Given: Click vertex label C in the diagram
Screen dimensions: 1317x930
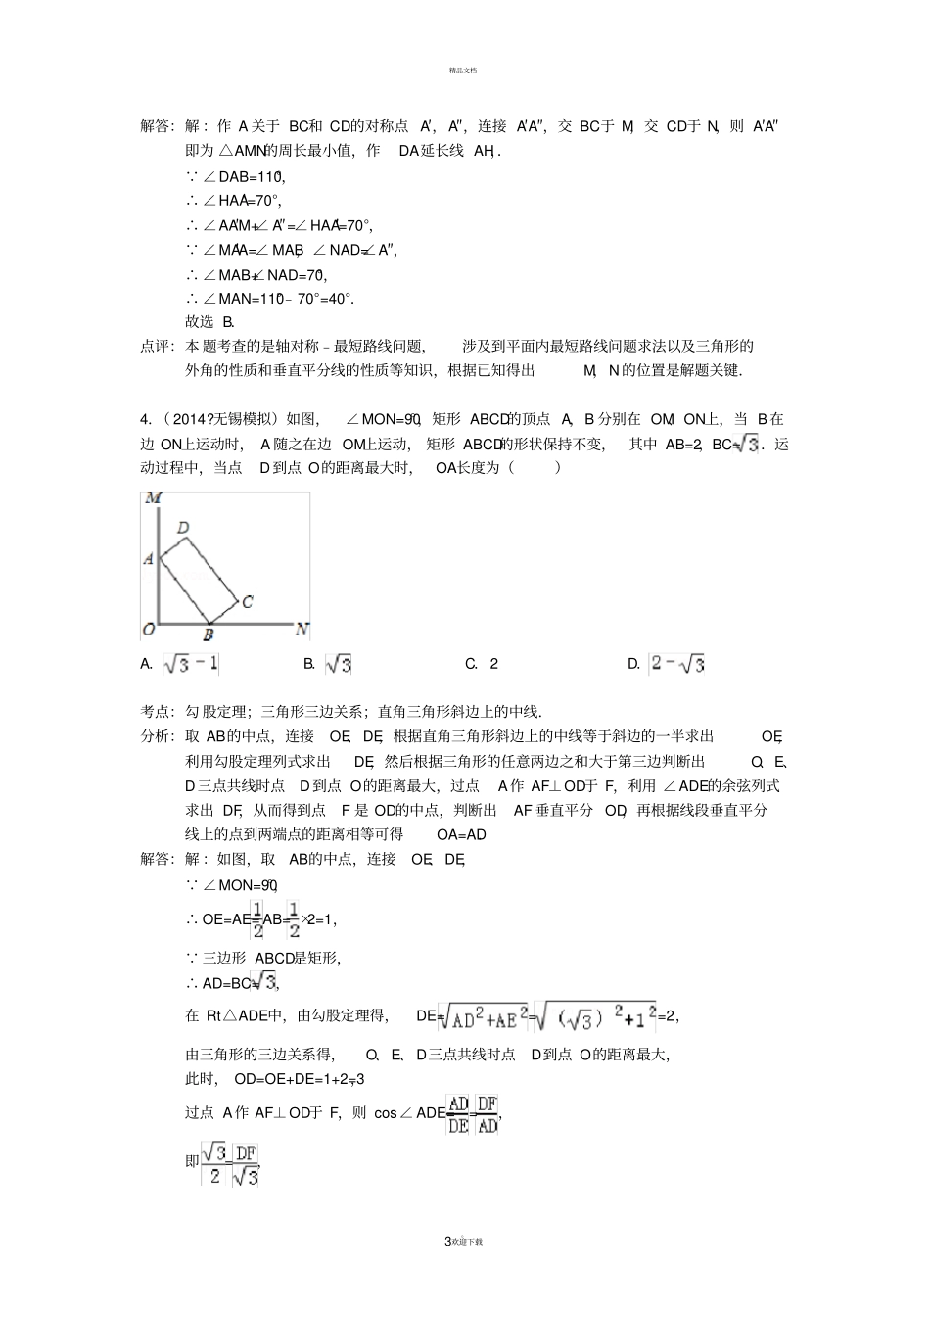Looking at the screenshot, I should [248, 601].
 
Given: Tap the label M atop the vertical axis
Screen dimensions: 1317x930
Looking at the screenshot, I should [153, 498].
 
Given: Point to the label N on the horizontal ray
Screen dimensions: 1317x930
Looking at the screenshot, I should [302, 629].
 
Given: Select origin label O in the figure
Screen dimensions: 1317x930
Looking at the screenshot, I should [149, 628].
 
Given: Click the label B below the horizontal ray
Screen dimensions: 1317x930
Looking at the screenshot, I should [208, 635].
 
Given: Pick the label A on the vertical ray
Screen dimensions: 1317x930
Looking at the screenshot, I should [149, 558].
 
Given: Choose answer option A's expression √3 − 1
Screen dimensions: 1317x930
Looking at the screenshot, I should [191, 664].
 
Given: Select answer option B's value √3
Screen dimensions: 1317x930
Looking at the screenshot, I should [338, 664].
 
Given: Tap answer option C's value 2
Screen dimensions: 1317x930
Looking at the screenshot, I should [494, 664].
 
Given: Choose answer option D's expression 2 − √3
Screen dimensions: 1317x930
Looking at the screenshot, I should [677, 664].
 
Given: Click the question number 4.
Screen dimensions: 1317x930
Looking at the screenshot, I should [145, 419].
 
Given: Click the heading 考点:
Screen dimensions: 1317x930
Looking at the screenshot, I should [157, 712].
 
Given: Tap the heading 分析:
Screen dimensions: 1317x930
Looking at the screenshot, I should [157, 736].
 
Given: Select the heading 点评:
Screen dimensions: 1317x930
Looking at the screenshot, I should [157, 346].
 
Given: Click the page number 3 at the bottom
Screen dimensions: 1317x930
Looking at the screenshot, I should [447, 1241].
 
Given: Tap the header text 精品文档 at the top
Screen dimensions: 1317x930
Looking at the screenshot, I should [463, 70].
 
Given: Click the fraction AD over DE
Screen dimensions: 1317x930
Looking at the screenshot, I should [458, 1114].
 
